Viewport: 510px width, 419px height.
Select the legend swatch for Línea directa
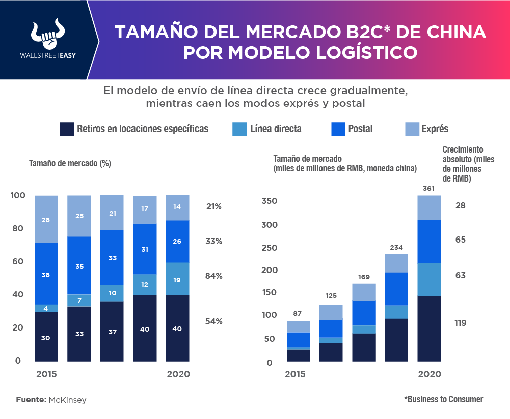click(239, 129)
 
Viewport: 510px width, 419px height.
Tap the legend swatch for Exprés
click(411, 129)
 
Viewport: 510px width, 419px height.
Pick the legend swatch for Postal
click(337, 129)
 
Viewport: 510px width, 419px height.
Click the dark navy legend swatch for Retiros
click(67, 129)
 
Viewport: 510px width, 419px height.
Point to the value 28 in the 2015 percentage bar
click(46, 220)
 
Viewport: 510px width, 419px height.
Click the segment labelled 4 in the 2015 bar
click(46, 308)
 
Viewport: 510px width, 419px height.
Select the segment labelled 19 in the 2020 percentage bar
click(177, 279)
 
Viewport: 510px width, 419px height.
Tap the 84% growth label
click(214, 276)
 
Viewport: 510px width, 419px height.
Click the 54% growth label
click(214, 321)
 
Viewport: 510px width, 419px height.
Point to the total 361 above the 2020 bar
click(430, 189)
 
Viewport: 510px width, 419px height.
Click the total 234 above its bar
click(397, 247)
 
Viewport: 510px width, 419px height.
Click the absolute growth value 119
click(461, 323)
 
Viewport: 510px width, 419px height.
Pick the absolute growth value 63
click(461, 275)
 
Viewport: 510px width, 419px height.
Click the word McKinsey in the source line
click(68, 400)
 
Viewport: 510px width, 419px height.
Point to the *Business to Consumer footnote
click(443, 399)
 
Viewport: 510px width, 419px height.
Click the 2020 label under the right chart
click(429, 374)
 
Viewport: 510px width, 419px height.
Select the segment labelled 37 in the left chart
click(112, 331)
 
